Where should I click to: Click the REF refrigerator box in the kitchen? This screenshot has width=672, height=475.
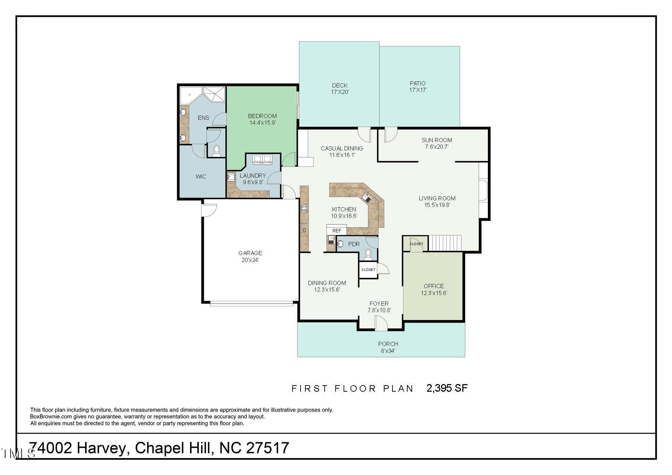pos(337,230)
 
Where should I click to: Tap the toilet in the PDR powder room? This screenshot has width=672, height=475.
pos(368,253)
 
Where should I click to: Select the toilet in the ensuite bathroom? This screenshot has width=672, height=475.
pos(217,151)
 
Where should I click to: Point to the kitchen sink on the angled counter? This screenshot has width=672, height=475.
pos(366,198)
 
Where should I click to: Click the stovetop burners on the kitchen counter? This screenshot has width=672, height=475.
pos(304,208)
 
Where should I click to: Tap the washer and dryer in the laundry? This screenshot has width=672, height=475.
pos(263,159)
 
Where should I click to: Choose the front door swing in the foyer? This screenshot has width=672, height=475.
pos(381,324)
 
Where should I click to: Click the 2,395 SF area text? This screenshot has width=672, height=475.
pos(447,388)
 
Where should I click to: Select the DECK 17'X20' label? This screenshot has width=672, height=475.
pos(340,88)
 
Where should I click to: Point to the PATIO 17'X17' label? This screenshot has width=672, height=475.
pos(418,86)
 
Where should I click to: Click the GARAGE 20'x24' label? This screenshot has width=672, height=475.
pos(250,256)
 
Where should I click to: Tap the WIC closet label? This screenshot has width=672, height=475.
pos(201,177)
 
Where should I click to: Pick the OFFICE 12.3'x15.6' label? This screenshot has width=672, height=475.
pos(434,289)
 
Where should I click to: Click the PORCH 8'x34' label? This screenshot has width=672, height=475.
pos(388,347)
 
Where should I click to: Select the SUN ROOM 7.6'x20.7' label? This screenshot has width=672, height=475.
pos(437,143)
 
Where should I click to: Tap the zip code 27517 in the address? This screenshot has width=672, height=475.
pos(268,448)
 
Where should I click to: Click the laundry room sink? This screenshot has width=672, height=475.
pos(231,177)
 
